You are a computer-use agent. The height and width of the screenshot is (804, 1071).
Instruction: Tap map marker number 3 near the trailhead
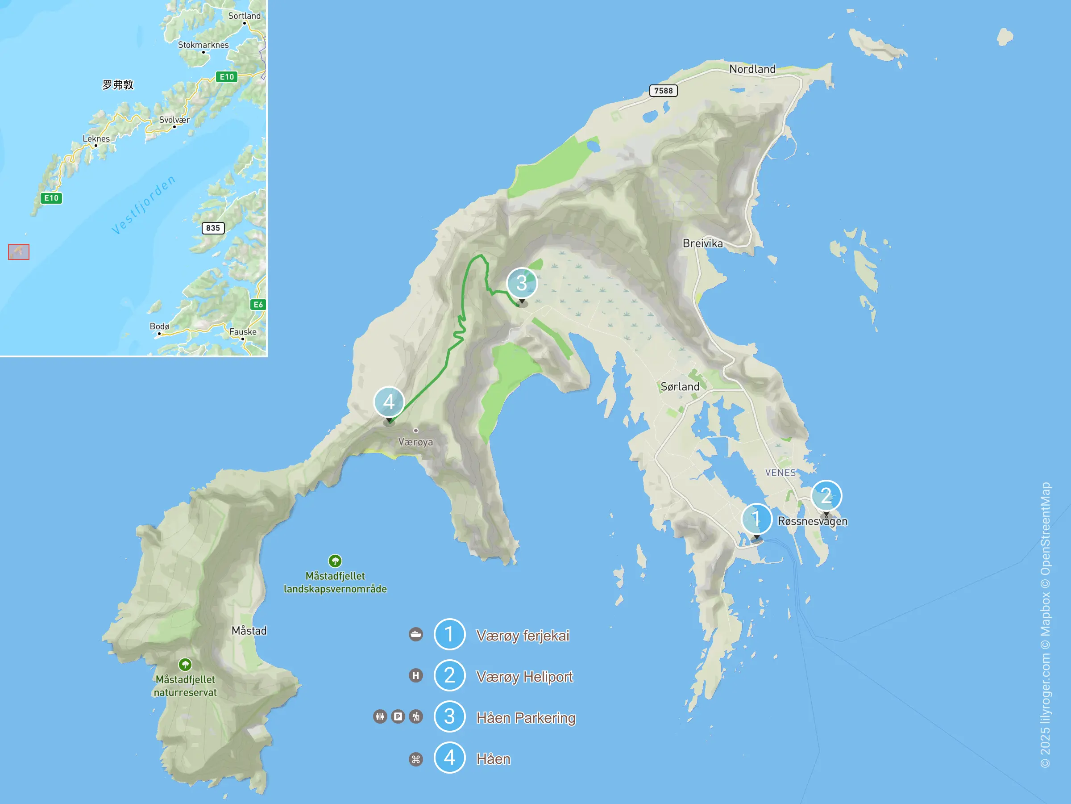(x=522, y=283)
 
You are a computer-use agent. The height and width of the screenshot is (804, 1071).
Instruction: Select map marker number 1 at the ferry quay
(x=756, y=519)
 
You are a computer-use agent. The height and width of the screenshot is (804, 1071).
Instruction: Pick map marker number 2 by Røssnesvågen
(x=826, y=496)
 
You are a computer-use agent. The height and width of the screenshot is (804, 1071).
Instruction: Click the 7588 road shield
(x=663, y=91)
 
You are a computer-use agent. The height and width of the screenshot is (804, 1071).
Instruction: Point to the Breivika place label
(x=702, y=243)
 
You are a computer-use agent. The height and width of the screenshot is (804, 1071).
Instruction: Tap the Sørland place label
(x=680, y=387)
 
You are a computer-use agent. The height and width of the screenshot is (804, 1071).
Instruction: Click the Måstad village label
(x=249, y=631)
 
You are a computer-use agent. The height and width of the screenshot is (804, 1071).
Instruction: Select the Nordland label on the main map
(x=752, y=69)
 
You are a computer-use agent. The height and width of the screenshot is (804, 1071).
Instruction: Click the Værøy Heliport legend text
(x=524, y=677)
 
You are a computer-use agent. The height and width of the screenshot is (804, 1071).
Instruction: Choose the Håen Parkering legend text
(x=525, y=718)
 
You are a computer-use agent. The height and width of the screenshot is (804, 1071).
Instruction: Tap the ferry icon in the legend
(x=415, y=634)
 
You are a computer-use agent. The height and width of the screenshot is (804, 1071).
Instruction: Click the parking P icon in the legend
(x=398, y=716)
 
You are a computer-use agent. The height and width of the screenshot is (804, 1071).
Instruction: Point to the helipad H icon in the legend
(x=415, y=675)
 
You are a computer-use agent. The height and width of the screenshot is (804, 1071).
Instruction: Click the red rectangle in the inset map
(x=18, y=252)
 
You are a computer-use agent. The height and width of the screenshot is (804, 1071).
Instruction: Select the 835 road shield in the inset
(x=212, y=228)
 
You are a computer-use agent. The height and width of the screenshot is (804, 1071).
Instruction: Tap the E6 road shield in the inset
(x=258, y=304)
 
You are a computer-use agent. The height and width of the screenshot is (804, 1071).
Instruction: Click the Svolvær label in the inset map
(x=174, y=120)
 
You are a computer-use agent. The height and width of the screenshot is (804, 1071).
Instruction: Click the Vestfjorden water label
(x=143, y=205)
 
